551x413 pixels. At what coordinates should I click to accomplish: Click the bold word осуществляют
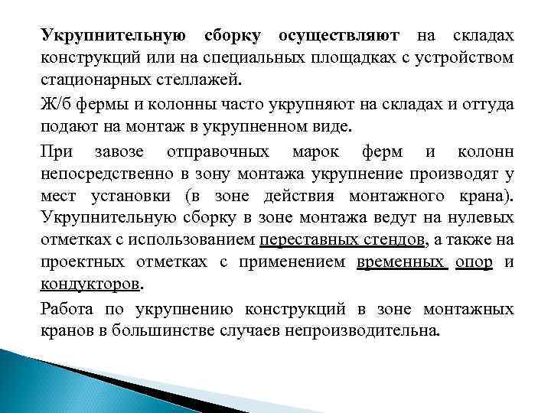(338, 37)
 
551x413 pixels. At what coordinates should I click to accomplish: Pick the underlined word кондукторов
(91, 285)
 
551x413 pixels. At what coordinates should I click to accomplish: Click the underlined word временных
(400, 262)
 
